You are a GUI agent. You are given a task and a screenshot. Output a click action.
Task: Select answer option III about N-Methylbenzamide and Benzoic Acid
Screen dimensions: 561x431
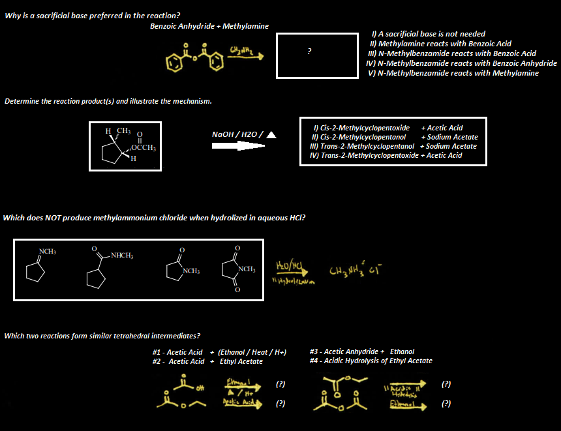[451, 53]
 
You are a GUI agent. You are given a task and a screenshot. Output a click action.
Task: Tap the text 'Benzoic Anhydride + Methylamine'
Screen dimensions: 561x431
[209, 26]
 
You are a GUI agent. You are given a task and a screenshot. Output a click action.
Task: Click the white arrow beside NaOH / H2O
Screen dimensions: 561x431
[239, 147]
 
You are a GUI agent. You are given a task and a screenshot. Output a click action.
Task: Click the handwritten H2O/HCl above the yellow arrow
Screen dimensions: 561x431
[288, 266]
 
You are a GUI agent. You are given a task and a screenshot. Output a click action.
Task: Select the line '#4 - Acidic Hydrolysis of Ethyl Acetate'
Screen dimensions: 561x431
[371, 361]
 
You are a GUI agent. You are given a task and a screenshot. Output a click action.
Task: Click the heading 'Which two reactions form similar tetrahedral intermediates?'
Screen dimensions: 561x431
[102, 336]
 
